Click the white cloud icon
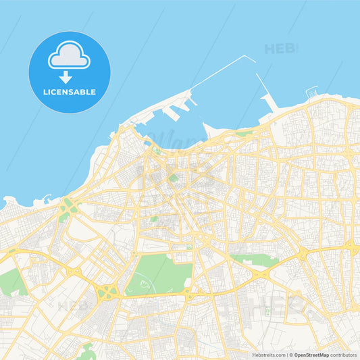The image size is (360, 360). click(69, 56)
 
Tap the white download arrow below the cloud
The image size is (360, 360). click(66, 77)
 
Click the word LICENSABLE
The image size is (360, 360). click(70, 92)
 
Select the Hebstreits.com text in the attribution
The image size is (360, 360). click(267, 355)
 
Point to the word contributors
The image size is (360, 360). click(344, 355)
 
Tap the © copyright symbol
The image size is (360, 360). click(291, 355)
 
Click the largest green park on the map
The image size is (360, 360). click(159, 274)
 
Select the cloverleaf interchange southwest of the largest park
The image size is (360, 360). click(107, 292)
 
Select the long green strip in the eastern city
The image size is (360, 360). click(253, 258)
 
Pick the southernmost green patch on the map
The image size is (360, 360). click(86, 350)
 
